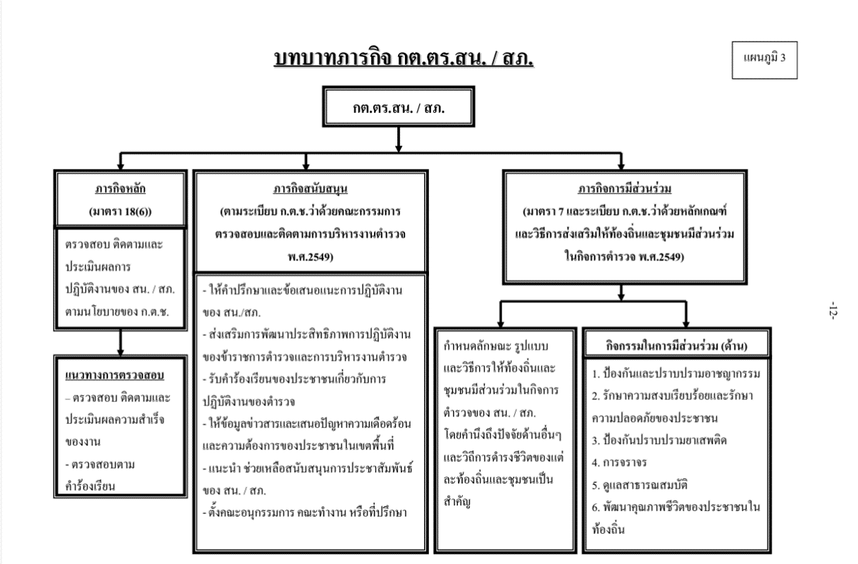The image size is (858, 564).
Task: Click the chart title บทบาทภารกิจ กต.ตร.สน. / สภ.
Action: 399,61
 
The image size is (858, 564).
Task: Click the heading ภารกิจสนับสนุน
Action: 310,189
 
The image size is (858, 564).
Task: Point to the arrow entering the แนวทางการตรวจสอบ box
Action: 120,347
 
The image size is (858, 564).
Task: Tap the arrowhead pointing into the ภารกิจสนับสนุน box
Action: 310,165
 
